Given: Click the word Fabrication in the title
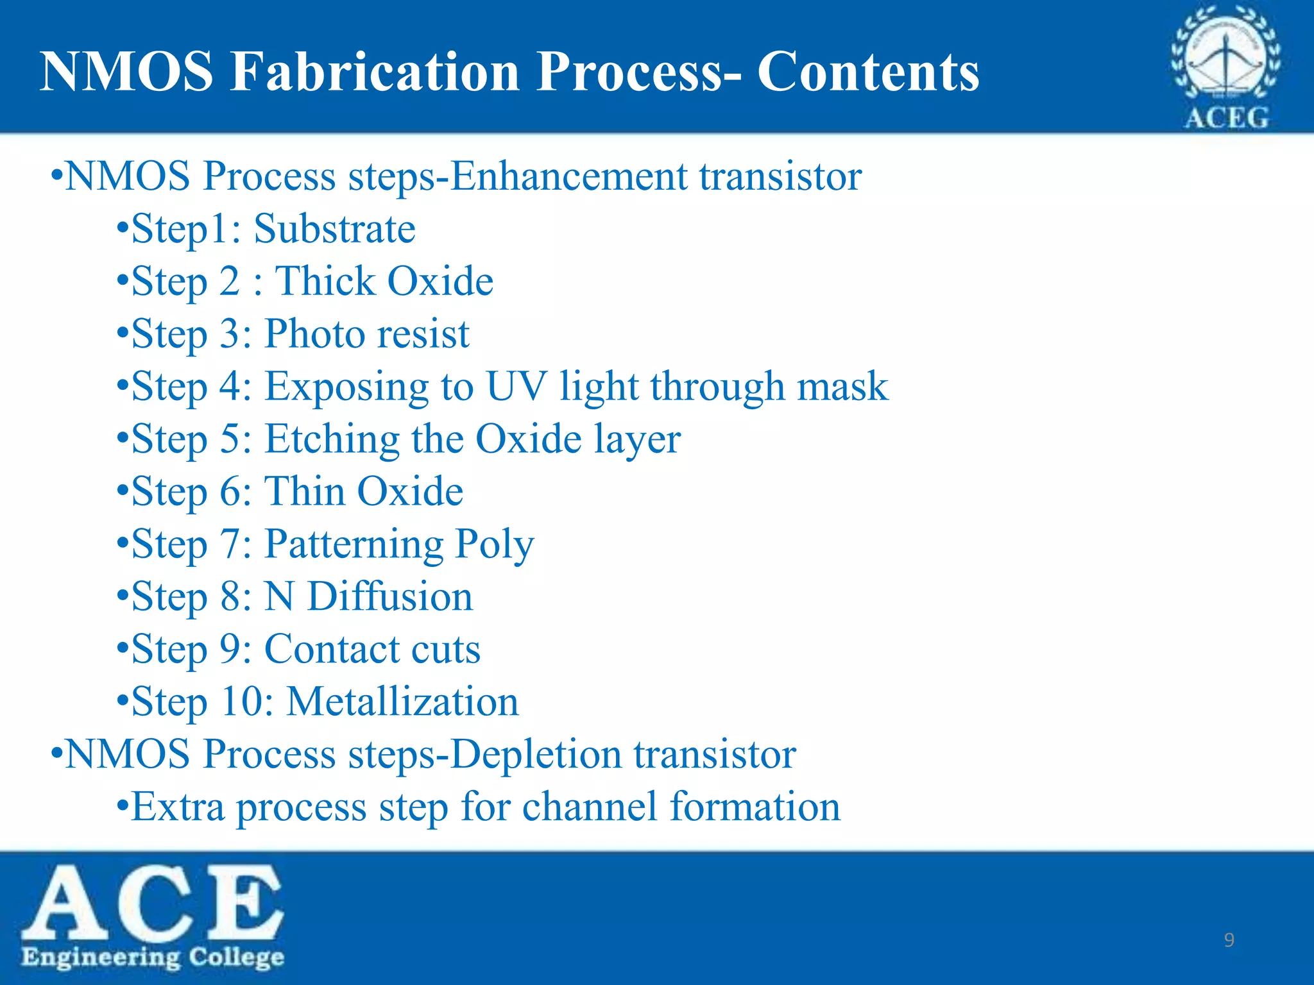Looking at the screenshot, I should pos(375,71).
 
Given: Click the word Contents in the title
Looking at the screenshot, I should pos(867,71).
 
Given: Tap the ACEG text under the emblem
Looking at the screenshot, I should pos(1225,118).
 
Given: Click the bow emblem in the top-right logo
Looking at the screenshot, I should pos(1225,61).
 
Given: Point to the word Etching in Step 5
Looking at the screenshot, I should pos(332,440).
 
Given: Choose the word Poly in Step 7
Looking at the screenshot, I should pos(494,545).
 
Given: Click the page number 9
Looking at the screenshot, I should pos(1229,940).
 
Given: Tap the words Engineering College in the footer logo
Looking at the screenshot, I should pos(153,957).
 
